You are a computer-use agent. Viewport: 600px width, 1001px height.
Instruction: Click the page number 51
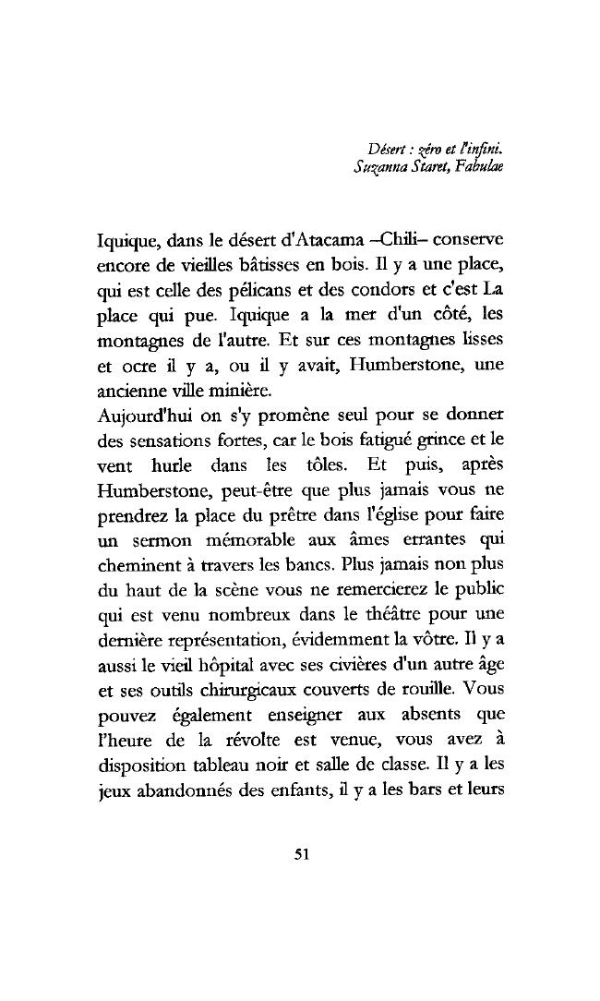pyautogui.click(x=299, y=853)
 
